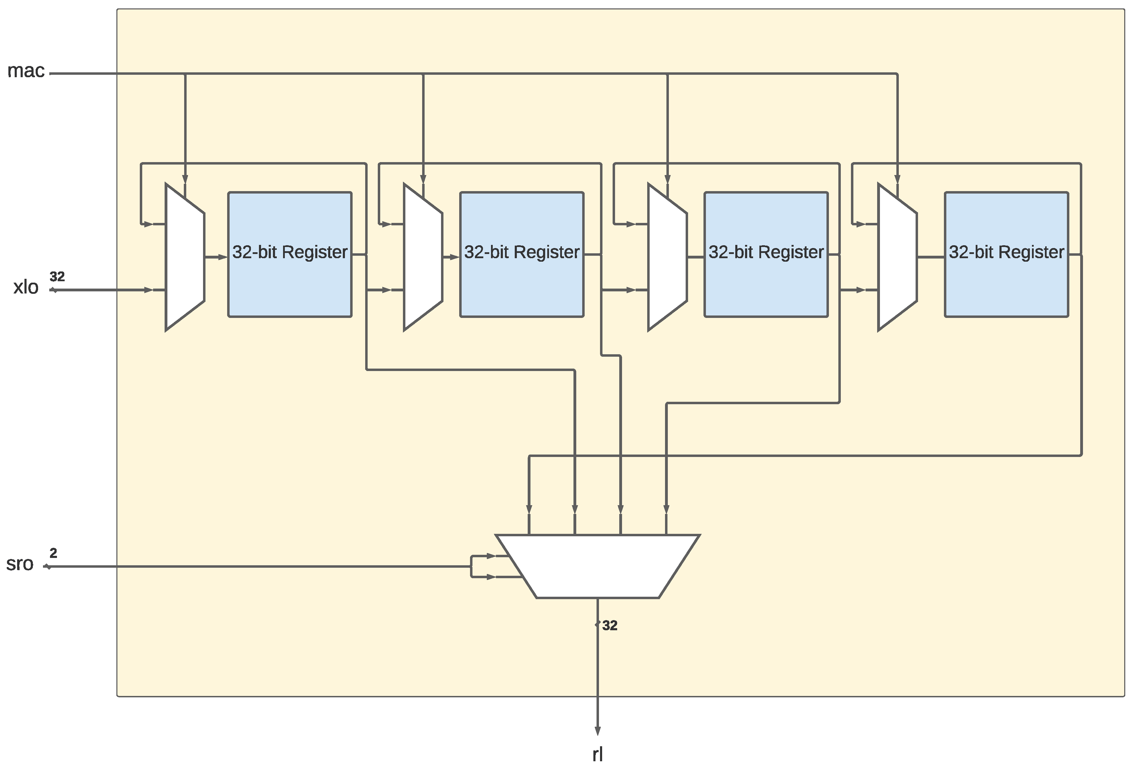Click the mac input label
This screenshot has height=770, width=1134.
pos(26,71)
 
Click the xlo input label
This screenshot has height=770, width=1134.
pos(26,288)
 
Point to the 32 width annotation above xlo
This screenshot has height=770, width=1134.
pos(57,277)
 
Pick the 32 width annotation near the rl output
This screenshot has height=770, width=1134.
pos(609,626)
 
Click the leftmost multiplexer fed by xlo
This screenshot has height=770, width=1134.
pos(185,257)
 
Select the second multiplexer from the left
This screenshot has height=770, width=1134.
pos(422,257)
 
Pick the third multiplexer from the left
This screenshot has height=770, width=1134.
pos(667,257)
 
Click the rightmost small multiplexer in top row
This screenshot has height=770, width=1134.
pos(897,257)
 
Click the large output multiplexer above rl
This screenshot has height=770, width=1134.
pos(597,566)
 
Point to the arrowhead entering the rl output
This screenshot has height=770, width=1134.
pos(597,731)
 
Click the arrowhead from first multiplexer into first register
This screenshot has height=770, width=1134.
pos(223,257)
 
